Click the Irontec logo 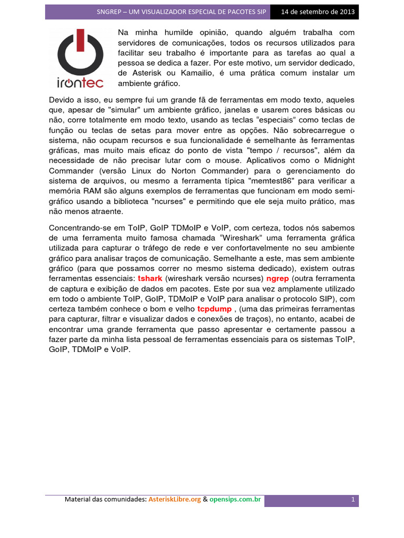click(80, 58)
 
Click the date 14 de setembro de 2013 click(318, 12)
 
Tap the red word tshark click(150, 278)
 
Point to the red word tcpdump click(214, 309)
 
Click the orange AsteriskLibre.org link click(175, 500)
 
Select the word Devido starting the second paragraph click(62, 99)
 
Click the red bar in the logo click(80, 40)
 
